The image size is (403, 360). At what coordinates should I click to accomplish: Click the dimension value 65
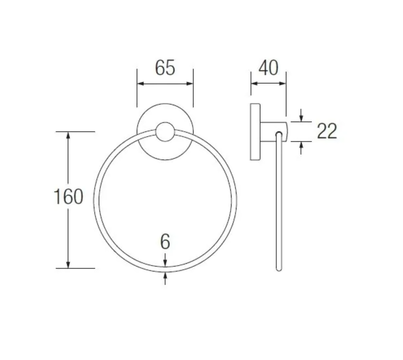coord(165,68)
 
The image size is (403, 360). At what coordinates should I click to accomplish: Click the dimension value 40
coord(268,68)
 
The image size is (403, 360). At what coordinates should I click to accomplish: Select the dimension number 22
coord(327,131)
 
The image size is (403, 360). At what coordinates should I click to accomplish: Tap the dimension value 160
coord(68,197)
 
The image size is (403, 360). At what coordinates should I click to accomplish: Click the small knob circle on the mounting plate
coord(165,132)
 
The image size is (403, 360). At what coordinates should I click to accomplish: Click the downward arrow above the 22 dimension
coord(301,118)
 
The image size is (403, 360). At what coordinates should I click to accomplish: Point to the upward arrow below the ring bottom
coord(165,275)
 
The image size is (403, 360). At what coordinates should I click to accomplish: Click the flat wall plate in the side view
coord(255,132)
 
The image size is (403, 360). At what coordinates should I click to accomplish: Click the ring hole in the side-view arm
coord(279,134)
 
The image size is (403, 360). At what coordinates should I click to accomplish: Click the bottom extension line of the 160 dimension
coord(75,268)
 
